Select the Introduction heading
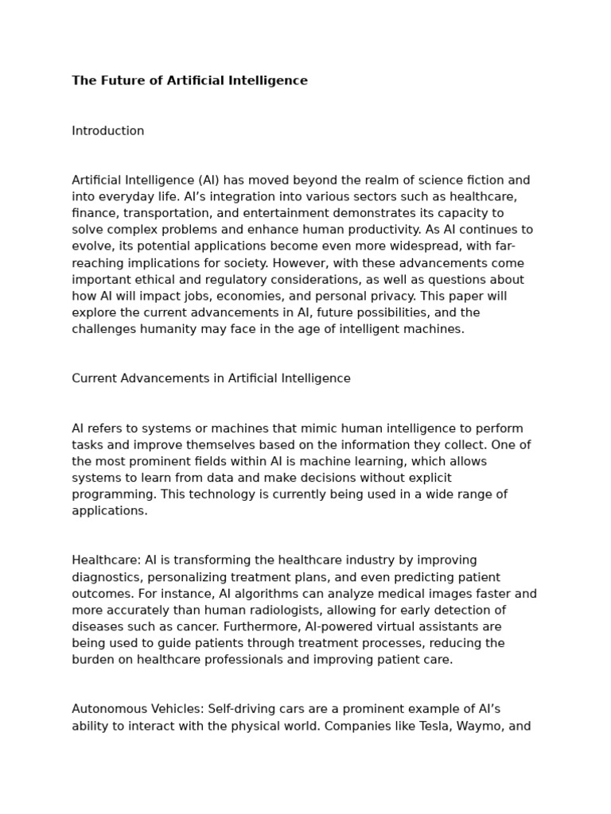coord(108,131)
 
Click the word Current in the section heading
coord(95,378)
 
